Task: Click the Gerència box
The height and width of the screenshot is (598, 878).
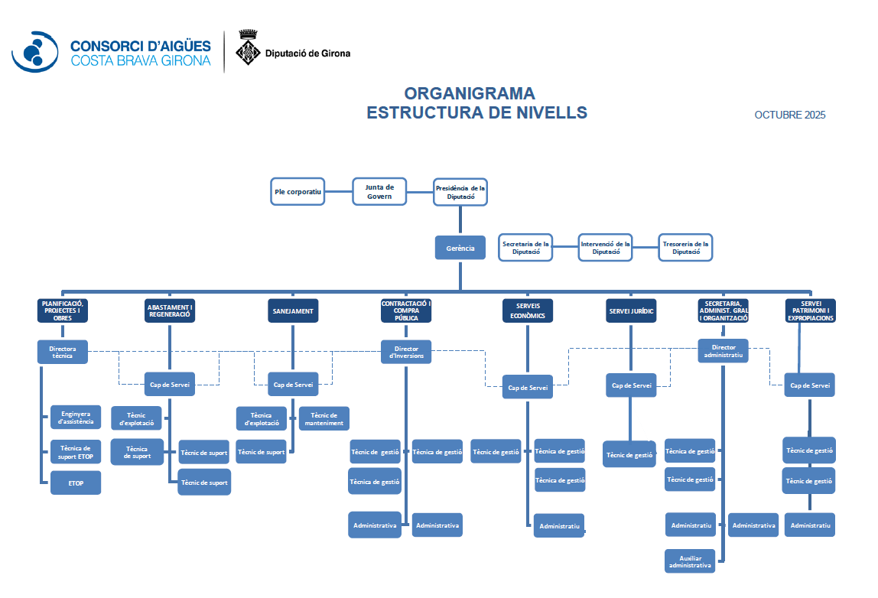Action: click(460, 248)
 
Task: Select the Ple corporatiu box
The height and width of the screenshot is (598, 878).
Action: click(298, 191)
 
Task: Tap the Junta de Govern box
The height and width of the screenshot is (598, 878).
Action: click(379, 191)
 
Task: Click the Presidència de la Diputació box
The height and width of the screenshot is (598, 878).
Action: click(460, 191)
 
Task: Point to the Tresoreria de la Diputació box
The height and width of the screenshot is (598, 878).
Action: click(685, 247)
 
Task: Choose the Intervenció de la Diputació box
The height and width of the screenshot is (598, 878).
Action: click(605, 247)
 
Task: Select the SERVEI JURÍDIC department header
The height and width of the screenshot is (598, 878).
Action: click(631, 311)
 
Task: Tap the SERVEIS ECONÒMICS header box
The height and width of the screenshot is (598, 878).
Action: click(528, 311)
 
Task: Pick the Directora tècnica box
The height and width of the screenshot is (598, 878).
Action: click(63, 352)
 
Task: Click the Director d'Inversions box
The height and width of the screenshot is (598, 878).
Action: click(406, 352)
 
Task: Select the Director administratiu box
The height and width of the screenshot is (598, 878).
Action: click(723, 351)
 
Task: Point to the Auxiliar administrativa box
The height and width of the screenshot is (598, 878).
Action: click(691, 561)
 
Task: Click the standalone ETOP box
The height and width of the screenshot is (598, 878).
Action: click(76, 483)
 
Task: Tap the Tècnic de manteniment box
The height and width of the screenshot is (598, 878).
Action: click(324, 418)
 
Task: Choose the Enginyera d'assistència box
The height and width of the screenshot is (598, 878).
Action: click(76, 418)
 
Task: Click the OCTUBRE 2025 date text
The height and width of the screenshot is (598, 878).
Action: click(790, 115)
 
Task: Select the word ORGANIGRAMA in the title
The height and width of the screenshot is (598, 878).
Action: click(470, 94)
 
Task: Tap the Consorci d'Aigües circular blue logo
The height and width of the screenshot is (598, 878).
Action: click(34, 52)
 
